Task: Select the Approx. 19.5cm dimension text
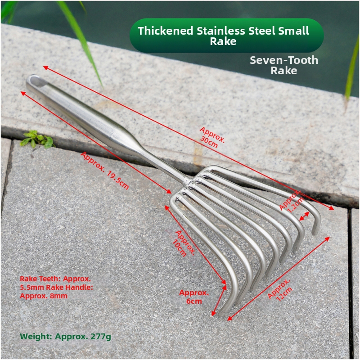[x=105, y=171]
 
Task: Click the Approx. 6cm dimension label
[x=194, y=297]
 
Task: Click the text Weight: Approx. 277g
[x=65, y=337]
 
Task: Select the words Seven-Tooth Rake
[x=284, y=65]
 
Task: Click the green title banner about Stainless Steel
[x=227, y=36]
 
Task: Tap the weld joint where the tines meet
[x=189, y=182]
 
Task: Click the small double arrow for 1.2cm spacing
[x=305, y=216]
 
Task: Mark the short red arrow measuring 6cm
[x=219, y=300]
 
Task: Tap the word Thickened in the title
[x=165, y=31]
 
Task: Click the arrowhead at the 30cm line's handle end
[x=46, y=68]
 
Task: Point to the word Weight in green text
[x=36, y=337]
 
